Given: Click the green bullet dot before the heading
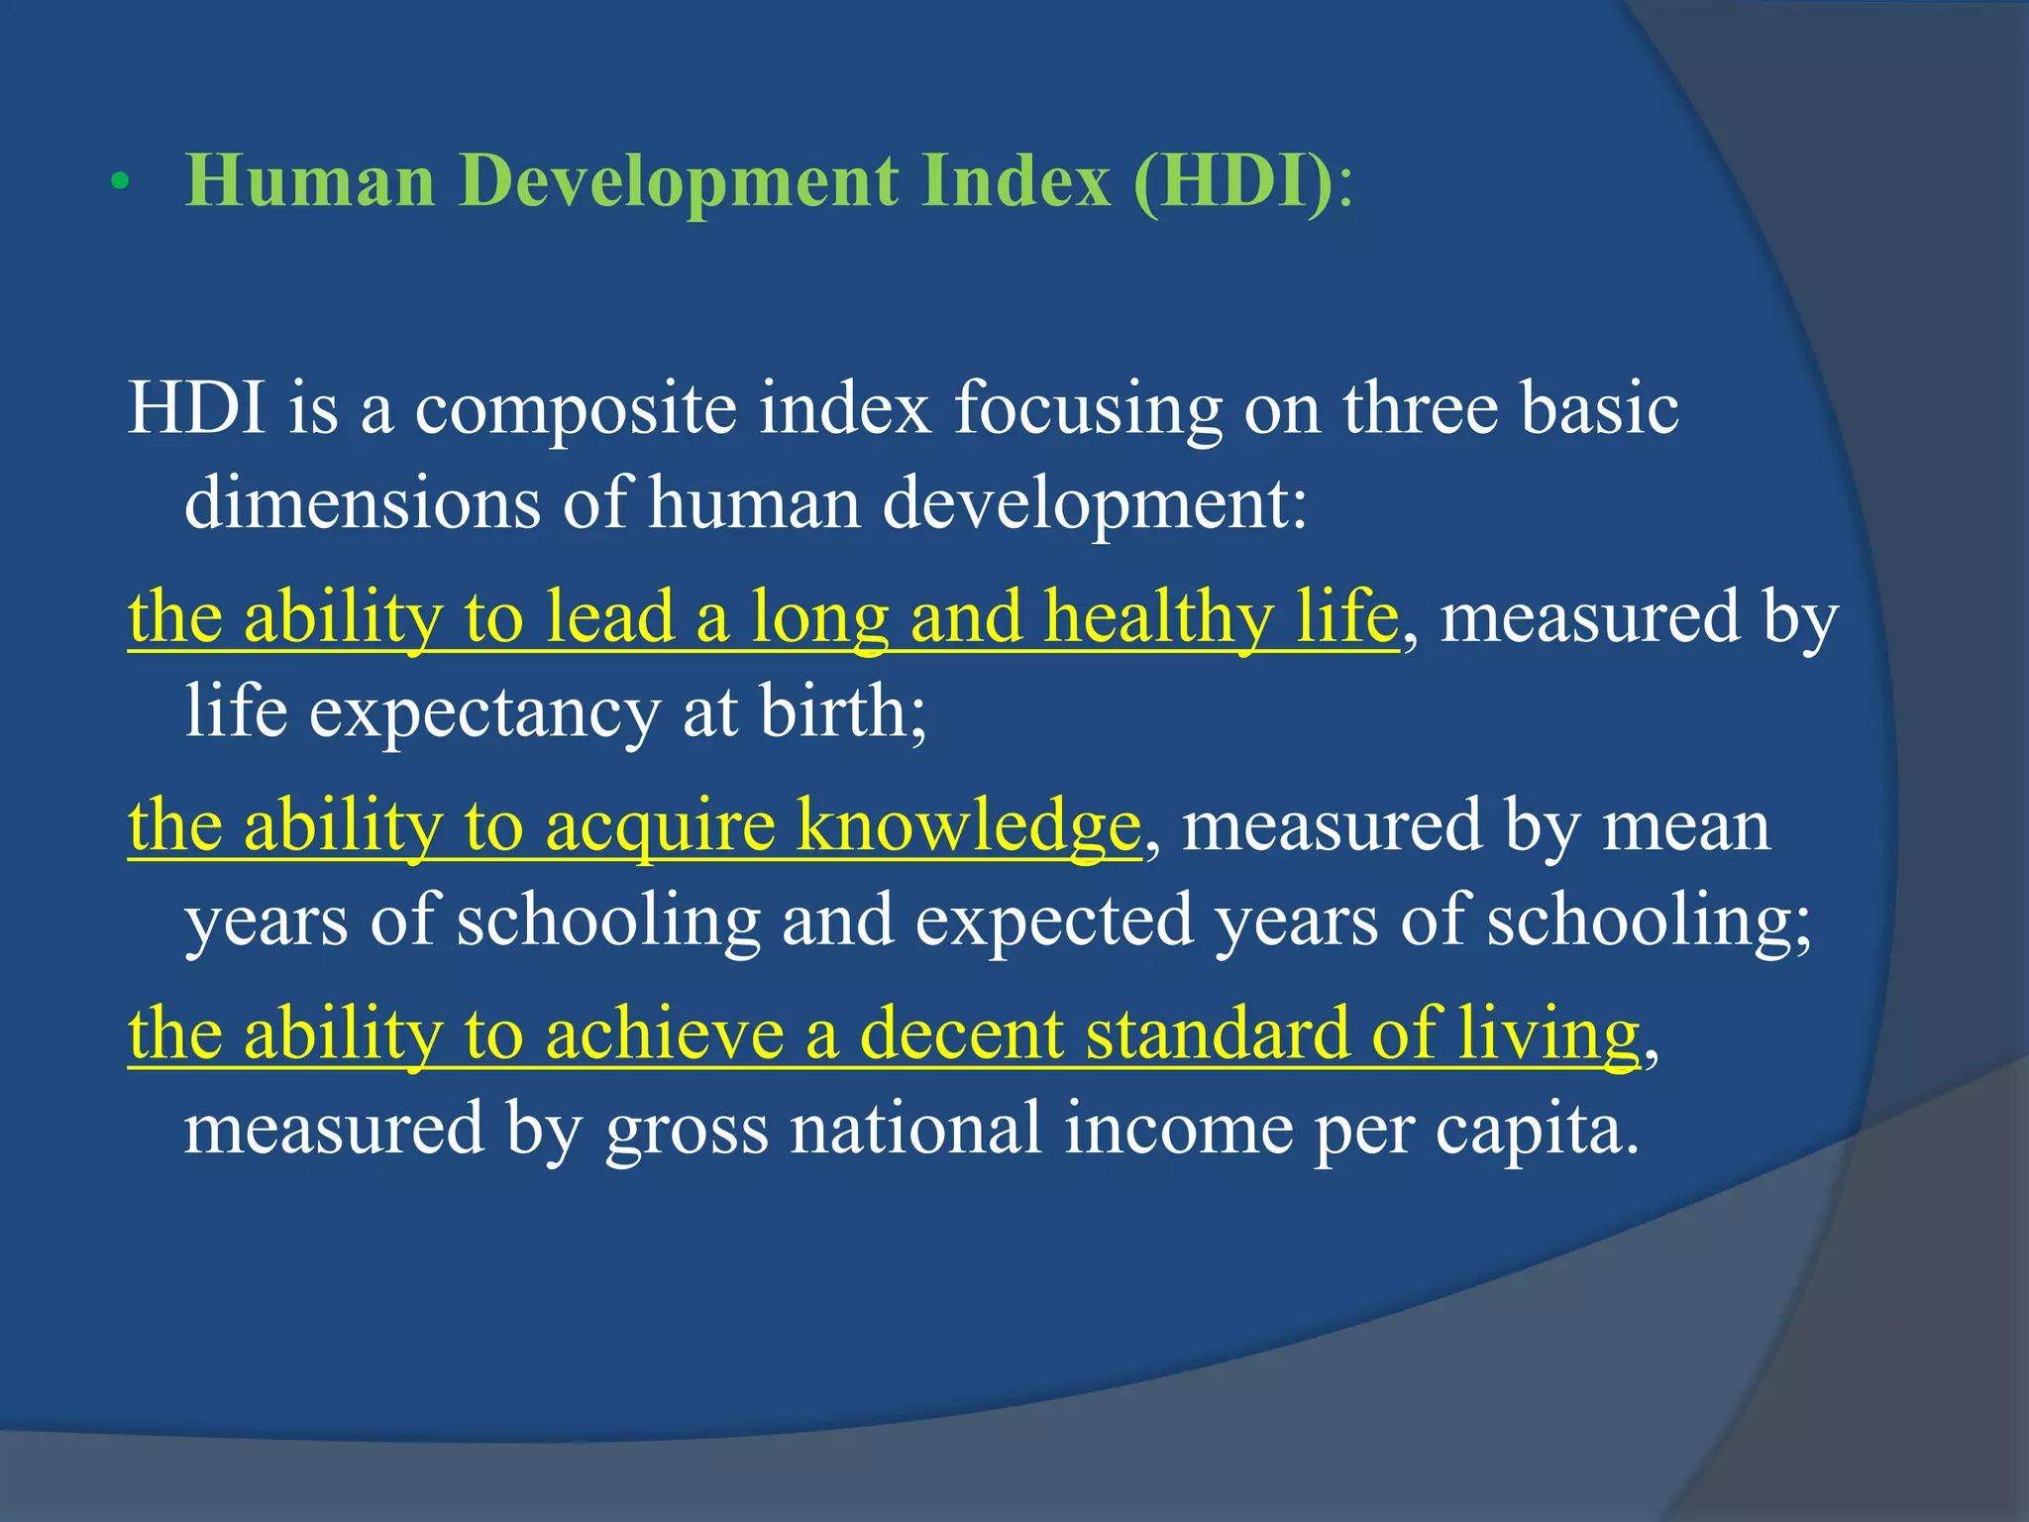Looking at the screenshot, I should pos(120,183).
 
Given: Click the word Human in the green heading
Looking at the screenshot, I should pos(310,181).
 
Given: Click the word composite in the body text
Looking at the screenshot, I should pos(575,409).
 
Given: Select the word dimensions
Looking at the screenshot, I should pos(363,502).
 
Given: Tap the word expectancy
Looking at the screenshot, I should pos(484,714).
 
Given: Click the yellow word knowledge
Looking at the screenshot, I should pos(969,826).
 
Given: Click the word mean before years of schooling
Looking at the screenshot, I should pos(1685,826).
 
